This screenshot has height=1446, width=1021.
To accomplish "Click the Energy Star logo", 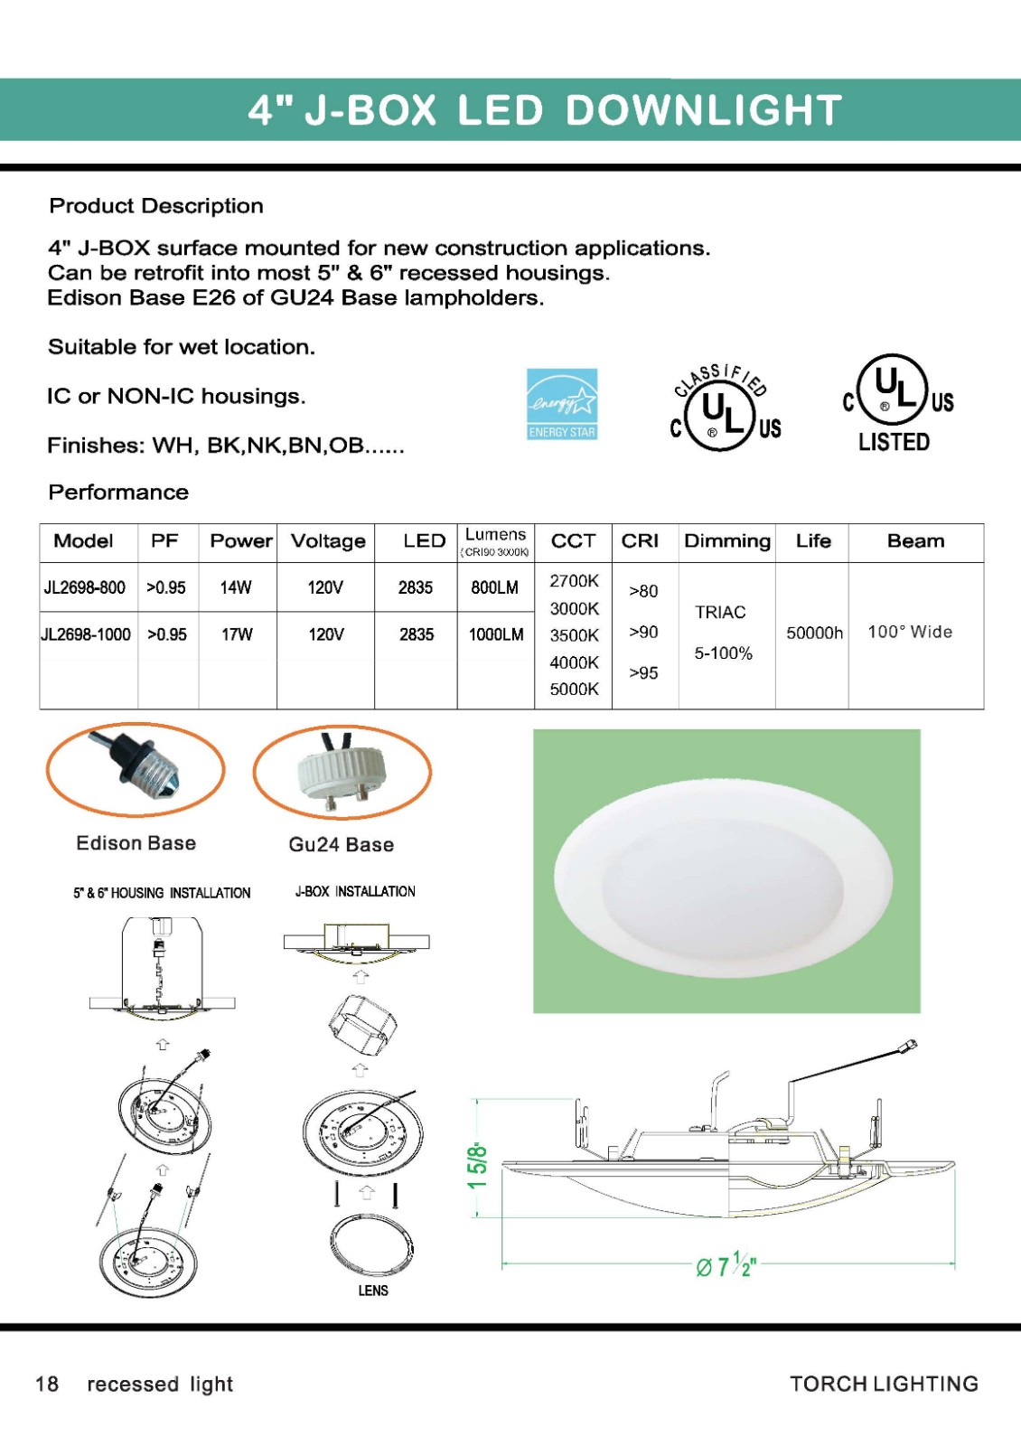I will tap(562, 404).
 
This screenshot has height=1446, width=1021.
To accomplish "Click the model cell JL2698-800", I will tap(85, 587).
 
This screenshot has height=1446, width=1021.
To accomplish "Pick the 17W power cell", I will tap(237, 634).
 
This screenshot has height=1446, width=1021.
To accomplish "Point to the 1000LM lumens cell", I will tap(495, 634).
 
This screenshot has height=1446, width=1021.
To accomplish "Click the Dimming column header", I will tap(727, 541).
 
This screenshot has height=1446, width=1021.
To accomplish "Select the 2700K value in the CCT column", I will tap(574, 581).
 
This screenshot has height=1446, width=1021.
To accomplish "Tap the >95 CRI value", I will tap(643, 673).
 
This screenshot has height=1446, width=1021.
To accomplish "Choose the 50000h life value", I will tap(814, 633).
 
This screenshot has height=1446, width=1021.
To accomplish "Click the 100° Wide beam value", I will tap(910, 632).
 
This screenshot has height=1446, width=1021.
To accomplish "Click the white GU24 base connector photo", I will tap(342, 773).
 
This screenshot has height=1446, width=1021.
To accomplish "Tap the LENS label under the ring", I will tap(373, 1291).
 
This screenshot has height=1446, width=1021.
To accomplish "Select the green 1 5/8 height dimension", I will tap(477, 1167).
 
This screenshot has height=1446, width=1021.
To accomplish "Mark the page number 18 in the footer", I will tap(47, 1384).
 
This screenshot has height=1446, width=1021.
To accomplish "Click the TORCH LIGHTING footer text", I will tap(884, 1384).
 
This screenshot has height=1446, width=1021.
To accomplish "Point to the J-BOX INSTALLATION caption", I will tap(355, 891).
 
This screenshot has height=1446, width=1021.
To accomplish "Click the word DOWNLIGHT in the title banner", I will tap(704, 110).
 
